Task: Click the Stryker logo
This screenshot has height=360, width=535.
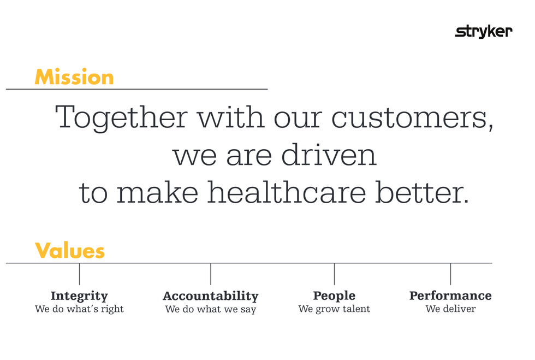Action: coord(484,32)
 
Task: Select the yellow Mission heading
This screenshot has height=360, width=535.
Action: coord(74,77)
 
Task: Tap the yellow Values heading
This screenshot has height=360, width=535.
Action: coord(70,251)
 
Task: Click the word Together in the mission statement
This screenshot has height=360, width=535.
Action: coord(121,117)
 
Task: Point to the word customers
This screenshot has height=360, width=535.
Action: coord(412,117)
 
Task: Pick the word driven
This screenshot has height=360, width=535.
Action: coord(329,155)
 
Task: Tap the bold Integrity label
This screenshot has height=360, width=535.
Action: coord(79,296)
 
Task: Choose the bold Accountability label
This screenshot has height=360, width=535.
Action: coord(210,296)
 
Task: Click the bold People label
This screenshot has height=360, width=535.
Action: coord(334,296)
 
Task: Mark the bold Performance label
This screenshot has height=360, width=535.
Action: coord(450,296)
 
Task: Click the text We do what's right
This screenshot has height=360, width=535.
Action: coord(79,309)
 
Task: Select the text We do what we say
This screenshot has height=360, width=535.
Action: coord(210,309)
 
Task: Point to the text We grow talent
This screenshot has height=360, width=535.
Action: coord(334,309)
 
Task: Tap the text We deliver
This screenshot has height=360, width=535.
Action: coord(450,309)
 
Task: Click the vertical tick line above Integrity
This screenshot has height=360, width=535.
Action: coord(79,274)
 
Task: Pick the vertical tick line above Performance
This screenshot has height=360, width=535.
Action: coord(450,274)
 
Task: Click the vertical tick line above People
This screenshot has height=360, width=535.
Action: coord(334,274)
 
